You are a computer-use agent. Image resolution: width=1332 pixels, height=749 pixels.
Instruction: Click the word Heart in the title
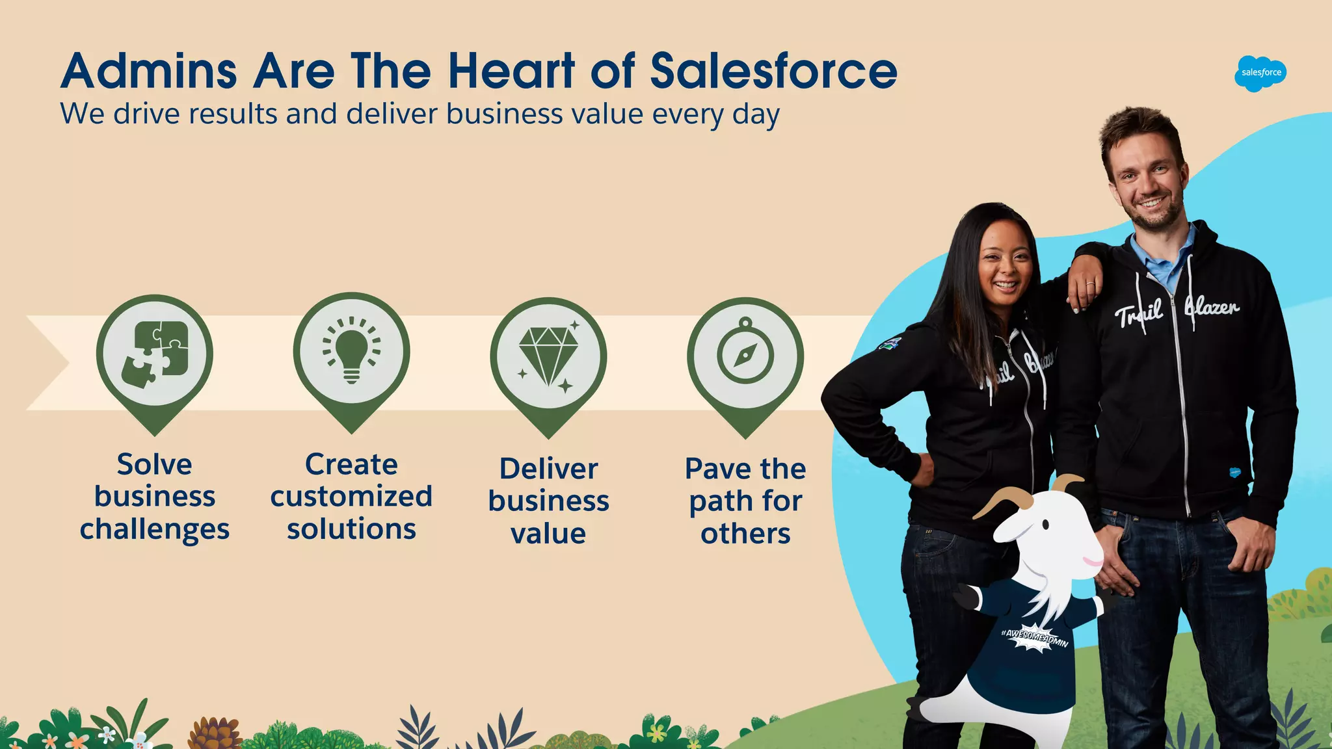pyautogui.click(x=511, y=71)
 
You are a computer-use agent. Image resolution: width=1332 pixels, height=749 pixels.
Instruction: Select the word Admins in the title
pyautogui.click(x=149, y=71)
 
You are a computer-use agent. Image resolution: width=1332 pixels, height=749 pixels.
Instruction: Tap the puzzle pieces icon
pyautogui.click(x=155, y=354)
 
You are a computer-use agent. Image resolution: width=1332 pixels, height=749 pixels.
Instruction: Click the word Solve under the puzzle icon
pyautogui.click(x=155, y=465)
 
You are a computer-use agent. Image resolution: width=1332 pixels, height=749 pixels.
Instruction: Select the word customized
pyautogui.click(x=351, y=497)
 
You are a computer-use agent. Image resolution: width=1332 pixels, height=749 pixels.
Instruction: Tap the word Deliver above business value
pyautogui.click(x=548, y=469)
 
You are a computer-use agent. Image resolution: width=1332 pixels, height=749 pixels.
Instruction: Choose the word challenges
pyautogui.click(x=155, y=530)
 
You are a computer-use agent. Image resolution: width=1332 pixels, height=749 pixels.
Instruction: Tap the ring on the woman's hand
pyautogui.click(x=1091, y=285)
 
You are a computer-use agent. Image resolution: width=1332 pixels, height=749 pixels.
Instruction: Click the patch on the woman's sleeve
pyautogui.click(x=890, y=343)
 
